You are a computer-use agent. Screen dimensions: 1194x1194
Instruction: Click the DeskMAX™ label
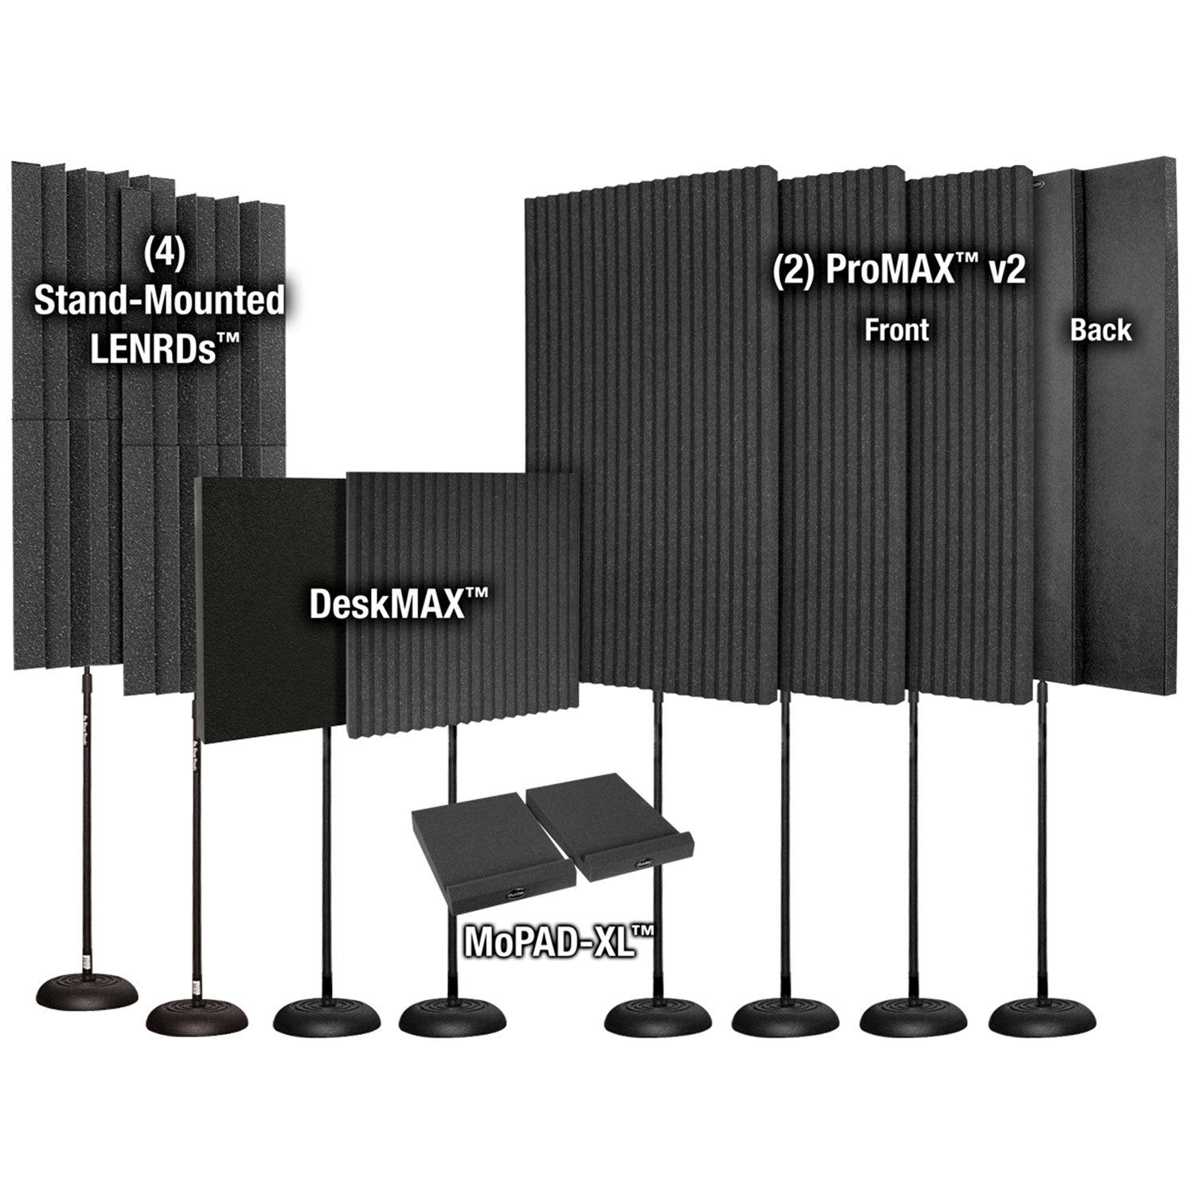(x=397, y=604)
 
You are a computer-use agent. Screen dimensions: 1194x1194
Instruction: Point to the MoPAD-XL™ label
(x=559, y=942)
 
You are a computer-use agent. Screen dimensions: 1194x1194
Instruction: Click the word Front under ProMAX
(x=897, y=329)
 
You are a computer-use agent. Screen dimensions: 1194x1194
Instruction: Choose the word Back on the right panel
(x=1100, y=329)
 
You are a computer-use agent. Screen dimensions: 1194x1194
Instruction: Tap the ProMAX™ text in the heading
(x=891, y=271)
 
